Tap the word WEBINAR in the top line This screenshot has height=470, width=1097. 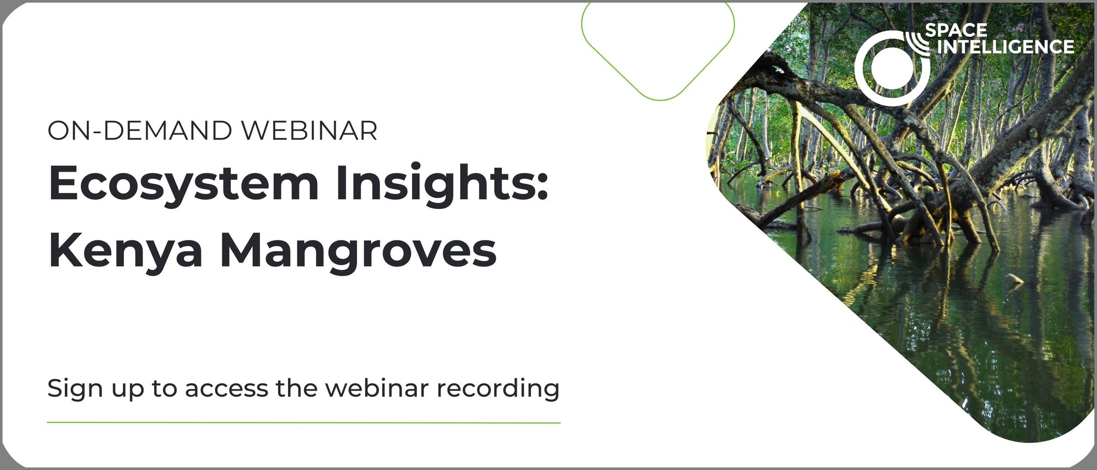(x=309, y=131)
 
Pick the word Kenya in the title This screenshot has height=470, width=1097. (x=126, y=251)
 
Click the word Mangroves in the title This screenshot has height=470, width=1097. (x=358, y=251)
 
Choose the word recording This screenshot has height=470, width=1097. (x=498, y=389)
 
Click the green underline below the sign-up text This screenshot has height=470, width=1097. (x=304, y=423)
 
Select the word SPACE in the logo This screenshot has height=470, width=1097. (x=956, y=30)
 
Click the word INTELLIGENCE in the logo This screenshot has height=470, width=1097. (x=1005, y=47)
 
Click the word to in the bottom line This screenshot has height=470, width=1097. (x=165, y=389)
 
